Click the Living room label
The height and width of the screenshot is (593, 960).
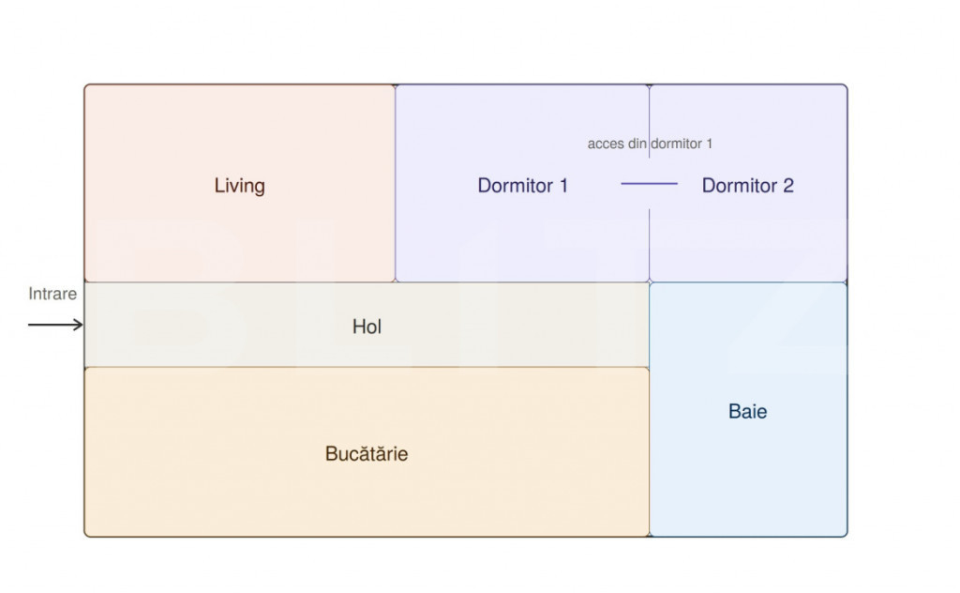pyautogui.click(x=239, y=186)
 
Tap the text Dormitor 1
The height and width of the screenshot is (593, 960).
pyautogui.click(x=523, y=185)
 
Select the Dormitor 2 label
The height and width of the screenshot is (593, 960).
pyautogui.click(x=747, y=185)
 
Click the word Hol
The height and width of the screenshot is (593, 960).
pyautogui.click(x=367, y=327)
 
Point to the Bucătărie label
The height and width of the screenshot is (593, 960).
pyautogui.click(x=367, y=453)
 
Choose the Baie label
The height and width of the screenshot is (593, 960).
pyautogui.click(x=747, y=411)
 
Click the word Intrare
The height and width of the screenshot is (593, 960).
pyautogui.click(x=52, y=294)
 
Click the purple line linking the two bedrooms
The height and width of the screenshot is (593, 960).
pyautogui.click(x=649, y=183)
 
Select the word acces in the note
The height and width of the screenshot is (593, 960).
pyautogui.click(x=606, y=144)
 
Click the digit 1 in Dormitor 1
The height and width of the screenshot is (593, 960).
pyautogui.click(x=563, y=185)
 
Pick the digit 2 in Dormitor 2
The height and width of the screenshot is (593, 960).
pyautogui.click(x=787, y=185)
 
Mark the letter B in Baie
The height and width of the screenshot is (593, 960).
pyautogui.click(x=735, y=411)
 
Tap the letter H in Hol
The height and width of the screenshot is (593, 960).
pyautogui.click(x=359, y=327)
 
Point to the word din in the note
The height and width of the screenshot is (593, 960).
pyautogui.click(x=637, y=144)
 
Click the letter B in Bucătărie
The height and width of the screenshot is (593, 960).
pyautogui.click(x=331, y=453)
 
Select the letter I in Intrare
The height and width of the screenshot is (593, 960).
pyautogui.click(x=31, y=294)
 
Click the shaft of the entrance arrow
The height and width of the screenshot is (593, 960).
pyautogui.click(x=52, y=324)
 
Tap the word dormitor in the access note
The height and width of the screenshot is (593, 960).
pyautogui.click(x=677, y=144)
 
